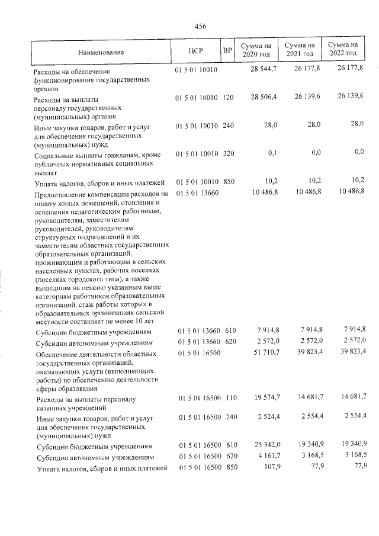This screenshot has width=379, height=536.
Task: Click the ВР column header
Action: tap(226, 51)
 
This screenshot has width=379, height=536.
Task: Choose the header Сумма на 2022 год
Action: tap(344, 50)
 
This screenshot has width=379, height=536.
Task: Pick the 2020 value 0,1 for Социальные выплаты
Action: tap(272, 154)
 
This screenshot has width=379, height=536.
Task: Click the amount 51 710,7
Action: tap(264, 354)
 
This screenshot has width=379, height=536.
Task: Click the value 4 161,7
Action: tap(266, 457)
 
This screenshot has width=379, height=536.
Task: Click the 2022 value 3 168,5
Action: tap(353, 457)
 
